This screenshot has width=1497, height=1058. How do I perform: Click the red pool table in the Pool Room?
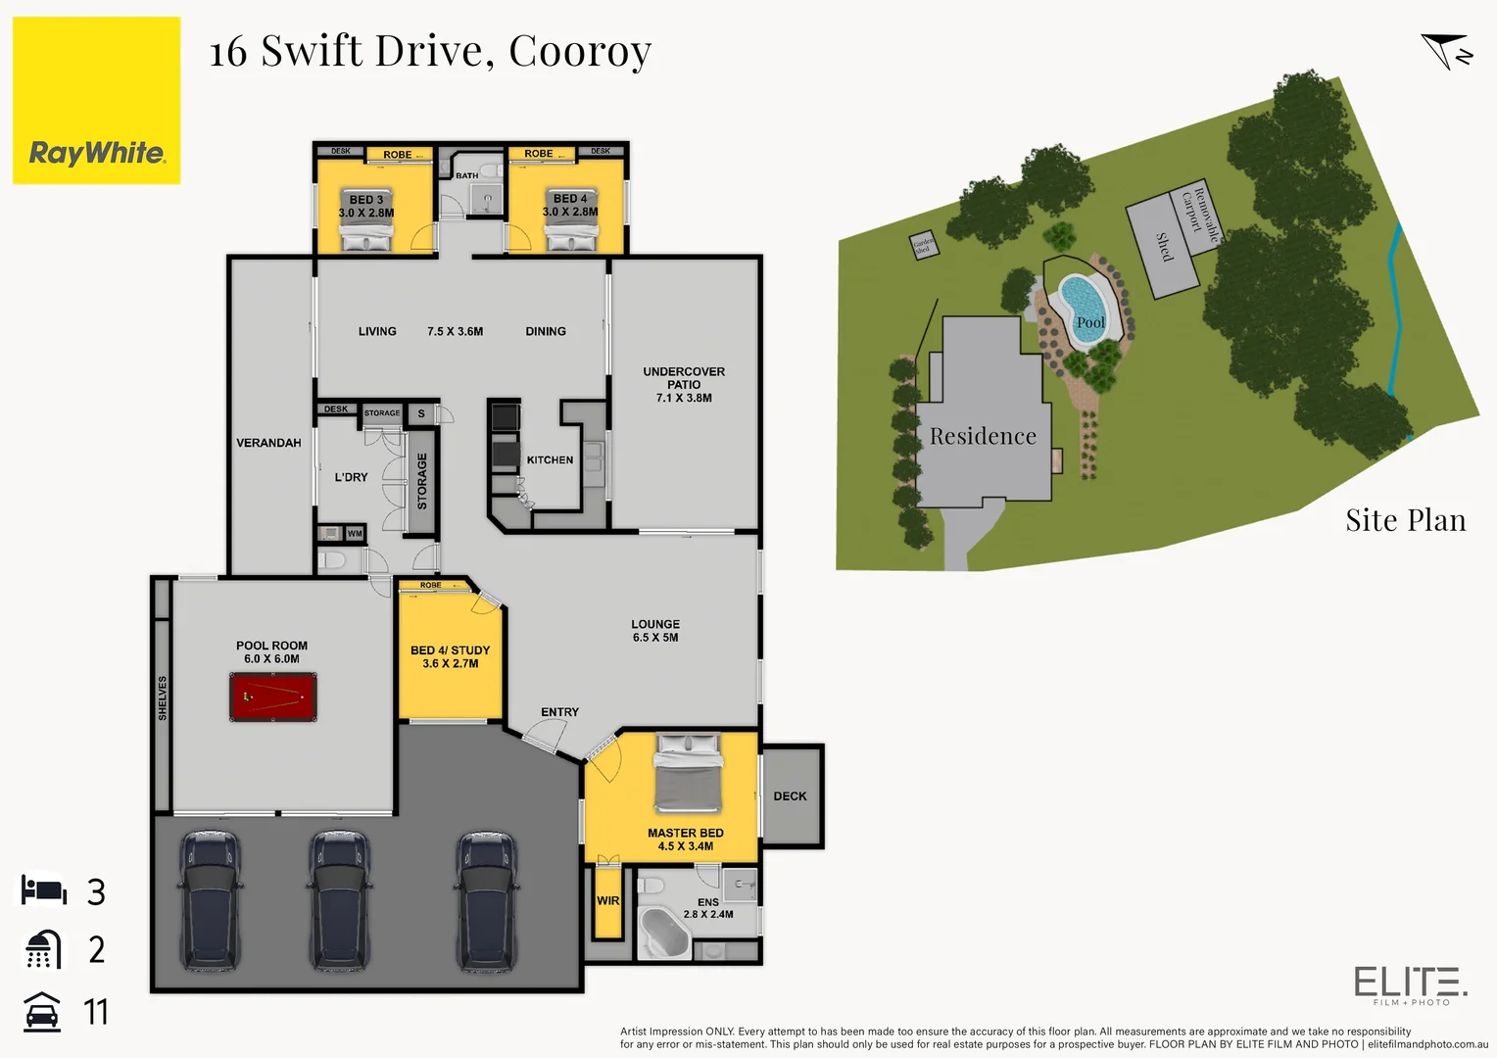click(272, 697)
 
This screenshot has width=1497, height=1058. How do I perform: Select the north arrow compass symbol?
click(1446, 52)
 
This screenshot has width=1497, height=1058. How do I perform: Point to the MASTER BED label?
click(685, 833)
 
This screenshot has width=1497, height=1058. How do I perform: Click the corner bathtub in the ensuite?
click(663, 932)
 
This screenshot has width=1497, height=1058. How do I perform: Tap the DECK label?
click(790, 796)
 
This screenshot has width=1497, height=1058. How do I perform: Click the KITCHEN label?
click(550, 459)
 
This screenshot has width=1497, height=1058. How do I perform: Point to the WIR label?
click(607, 901)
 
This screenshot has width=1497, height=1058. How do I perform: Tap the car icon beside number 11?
click(42, 1012)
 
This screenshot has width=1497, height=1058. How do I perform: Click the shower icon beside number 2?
click(43, 949)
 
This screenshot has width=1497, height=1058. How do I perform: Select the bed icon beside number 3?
click(44, 890)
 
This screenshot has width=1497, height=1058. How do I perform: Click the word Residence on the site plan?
click(982, 437)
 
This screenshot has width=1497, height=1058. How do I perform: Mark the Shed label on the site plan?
click(1163, 247)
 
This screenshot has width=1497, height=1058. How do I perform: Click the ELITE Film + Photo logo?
click(1410, 985)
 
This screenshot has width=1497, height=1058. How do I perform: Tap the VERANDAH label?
click(268, 443)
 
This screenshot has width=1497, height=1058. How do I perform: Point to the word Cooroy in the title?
click(580, 51)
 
